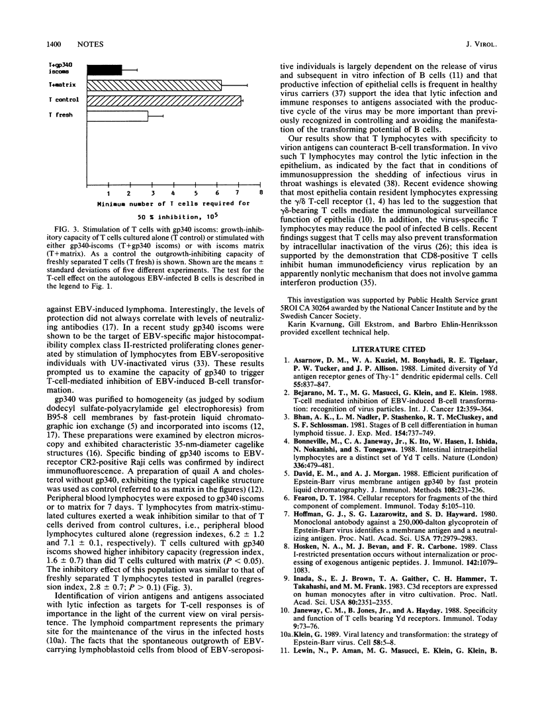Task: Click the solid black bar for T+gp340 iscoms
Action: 105,69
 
